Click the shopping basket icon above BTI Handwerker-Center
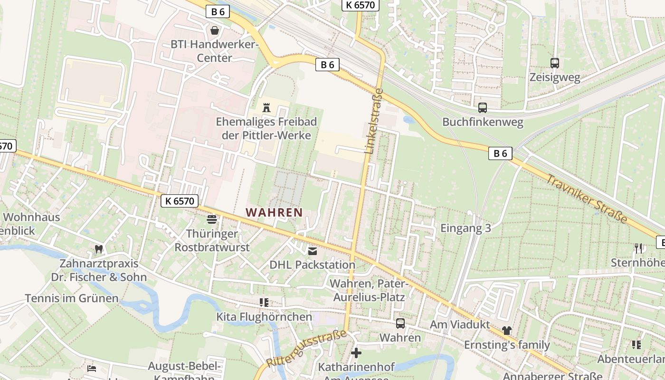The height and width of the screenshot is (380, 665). [215, 31]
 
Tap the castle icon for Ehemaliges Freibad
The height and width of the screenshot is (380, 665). [266, 108]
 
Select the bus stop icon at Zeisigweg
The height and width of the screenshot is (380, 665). [554, 63]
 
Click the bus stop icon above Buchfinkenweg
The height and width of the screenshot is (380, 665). [483, 108]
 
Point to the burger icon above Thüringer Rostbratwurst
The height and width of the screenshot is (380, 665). [212, 219]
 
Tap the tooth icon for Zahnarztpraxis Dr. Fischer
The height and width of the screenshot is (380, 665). [99, 249]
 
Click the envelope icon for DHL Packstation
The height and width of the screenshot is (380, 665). [312, 251]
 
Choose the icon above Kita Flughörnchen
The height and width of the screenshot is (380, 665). [264, 303]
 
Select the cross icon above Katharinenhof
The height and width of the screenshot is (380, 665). [356, 353]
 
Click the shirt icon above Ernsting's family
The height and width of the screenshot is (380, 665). [507, 331]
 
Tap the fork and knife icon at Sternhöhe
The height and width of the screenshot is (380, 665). [638, 248]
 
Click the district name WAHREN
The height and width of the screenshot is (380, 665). [275, 212]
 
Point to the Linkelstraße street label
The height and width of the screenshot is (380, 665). [374, 121]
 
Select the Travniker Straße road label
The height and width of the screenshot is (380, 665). [587, 199]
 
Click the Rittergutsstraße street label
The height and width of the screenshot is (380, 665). [306, 349]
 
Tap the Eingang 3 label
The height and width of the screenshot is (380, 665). [465, 228]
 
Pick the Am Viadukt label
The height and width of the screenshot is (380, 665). [459, 324]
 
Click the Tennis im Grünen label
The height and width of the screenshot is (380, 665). [72, 298]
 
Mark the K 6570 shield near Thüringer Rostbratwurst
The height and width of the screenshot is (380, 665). [179, 201]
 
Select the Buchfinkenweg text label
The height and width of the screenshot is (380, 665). [483, 122]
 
